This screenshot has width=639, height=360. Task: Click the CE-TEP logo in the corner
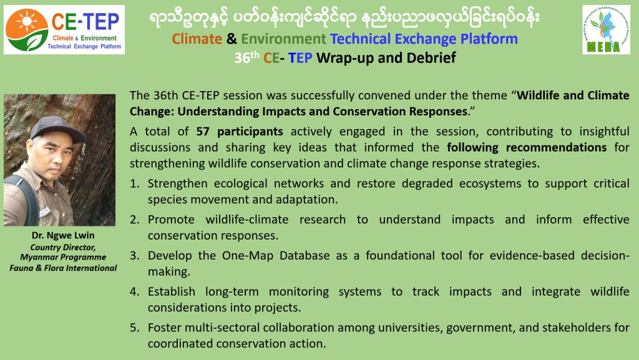64,30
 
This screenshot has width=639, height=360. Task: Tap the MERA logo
607,30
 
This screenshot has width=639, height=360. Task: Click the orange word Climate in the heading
197,39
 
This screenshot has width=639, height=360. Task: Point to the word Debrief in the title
431,58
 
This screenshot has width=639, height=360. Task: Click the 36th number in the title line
246,57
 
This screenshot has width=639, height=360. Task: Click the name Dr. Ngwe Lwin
63,235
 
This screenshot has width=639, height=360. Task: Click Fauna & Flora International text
63,268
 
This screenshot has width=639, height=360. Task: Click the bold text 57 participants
240,132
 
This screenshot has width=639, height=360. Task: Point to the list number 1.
134,183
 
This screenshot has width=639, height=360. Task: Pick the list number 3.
134,256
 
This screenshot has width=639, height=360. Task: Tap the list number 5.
134,328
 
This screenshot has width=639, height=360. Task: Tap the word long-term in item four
232,291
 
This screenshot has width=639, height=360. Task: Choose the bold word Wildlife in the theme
537,95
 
